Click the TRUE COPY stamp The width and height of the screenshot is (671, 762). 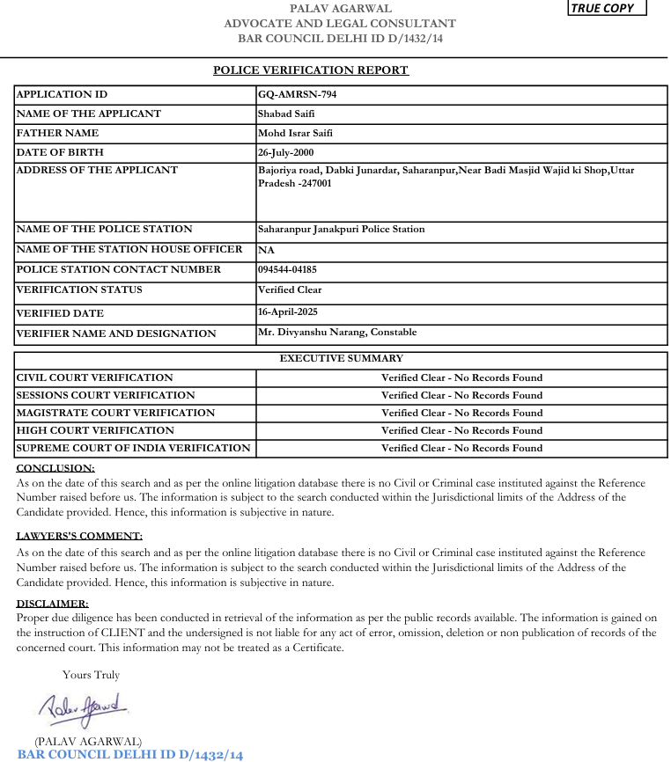coord(608,8)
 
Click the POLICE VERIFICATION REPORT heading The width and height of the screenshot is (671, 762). coord(311,70)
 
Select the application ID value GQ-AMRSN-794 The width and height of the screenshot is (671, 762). coord(297,95)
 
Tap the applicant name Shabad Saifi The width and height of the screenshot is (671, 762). coord(286,114)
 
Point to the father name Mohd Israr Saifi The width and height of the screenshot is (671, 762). coord(295,134)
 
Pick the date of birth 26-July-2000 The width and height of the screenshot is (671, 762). coord(286,152)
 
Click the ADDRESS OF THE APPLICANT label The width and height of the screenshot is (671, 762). coord(97,171)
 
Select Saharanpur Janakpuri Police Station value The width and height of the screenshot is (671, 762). coord(341,230)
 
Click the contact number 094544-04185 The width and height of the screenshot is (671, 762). coord(287,270)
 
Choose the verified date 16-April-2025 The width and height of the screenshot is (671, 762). coord(288,312)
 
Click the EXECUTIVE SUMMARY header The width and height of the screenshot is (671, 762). coord(341,359)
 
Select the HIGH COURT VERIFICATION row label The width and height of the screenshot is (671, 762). coord(95,430)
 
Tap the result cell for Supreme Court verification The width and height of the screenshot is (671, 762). coord(461,448)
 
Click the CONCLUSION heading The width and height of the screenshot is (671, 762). coord(55,468)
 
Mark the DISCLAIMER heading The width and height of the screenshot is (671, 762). coord(53,604)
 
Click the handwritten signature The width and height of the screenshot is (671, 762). coord(84,707)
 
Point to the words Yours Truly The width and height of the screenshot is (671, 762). coord(91,675)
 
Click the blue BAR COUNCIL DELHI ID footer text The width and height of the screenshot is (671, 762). coord(129,754)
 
